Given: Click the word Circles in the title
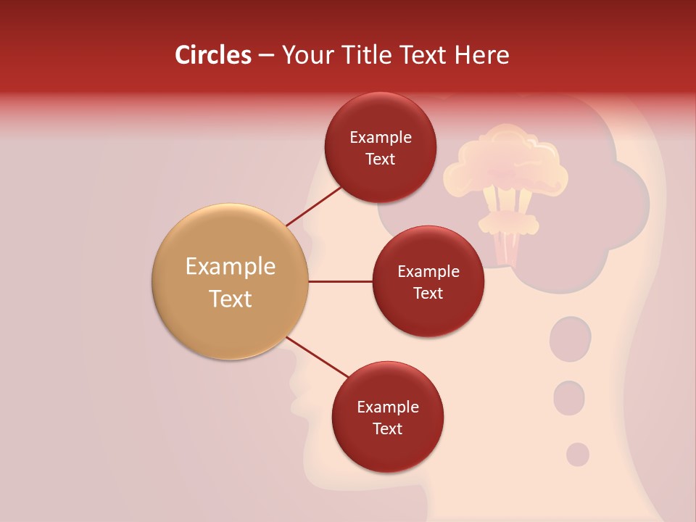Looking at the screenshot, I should click(x=212, y=55).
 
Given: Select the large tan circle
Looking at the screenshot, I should click(x=230, y=281).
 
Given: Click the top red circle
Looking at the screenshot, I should click(x=380, y=147).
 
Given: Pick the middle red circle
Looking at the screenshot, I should click(x=428, y=281).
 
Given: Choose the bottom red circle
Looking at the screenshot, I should click(x=387, y=417).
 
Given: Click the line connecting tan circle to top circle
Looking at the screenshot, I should click(x=313, y=205).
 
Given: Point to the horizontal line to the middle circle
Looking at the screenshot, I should click(x=340, y=281).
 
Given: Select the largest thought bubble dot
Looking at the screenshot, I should click(x=570, y=339).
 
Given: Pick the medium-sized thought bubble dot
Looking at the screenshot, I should click(x=569, y=397).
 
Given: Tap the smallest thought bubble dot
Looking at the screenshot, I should click(x=577, y=455).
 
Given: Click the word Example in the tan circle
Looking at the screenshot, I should click(x=230, y=266).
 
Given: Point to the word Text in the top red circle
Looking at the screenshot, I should click(x=380, y=159).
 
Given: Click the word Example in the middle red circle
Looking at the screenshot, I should click(x=428, y=271).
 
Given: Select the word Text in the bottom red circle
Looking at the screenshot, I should click(x=387, y=428).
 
